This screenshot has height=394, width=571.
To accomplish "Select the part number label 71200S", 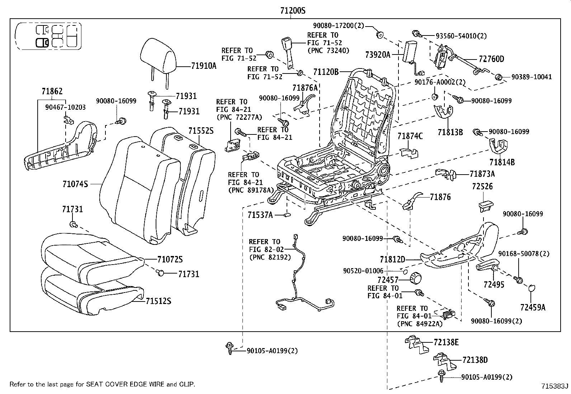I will [293, 11].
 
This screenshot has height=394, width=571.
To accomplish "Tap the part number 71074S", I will [75, 184].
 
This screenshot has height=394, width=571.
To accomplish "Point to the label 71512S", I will [158, 301].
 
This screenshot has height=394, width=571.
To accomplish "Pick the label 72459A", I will [533, 307].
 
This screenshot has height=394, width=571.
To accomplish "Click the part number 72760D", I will [491, 59].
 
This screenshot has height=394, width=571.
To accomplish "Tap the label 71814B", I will [502, 162].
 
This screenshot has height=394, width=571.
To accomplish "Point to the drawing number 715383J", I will [555, 386].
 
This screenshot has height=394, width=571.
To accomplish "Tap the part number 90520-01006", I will [363, 271].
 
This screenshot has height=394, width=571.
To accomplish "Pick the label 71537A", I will [260, 215].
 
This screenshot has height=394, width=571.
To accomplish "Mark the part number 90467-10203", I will [65, 107].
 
